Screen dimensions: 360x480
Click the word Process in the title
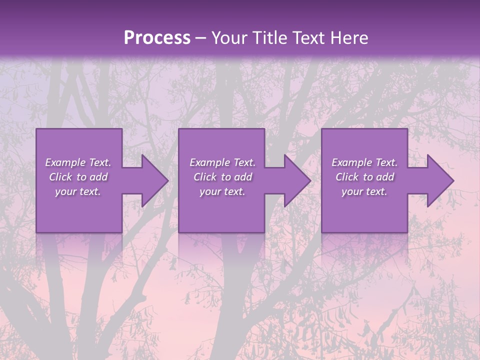coord(157,38)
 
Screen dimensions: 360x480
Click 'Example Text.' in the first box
coord(78,162)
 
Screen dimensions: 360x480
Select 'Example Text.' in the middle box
coord(222,162)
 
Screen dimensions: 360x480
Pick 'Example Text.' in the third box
coord(364,162)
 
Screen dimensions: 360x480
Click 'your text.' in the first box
coord(78,191)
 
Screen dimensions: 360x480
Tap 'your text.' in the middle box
coord(222,191)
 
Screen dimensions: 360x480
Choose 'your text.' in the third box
coord(364,191)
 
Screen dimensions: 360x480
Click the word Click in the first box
coord(60,177)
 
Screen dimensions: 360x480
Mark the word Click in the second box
coord(205,177)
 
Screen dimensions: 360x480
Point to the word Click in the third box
coord(347,177)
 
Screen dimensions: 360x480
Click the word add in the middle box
coord(242,177)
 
